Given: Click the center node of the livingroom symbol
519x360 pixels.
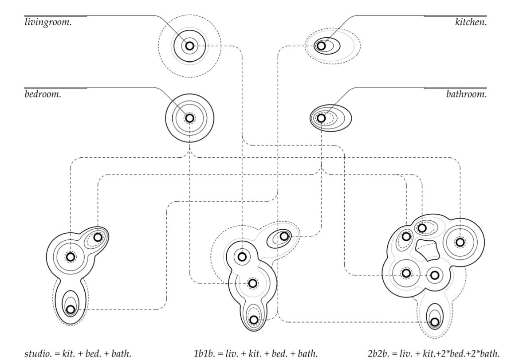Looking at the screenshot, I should point(190,46).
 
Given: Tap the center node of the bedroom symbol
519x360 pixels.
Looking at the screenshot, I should point(190,118).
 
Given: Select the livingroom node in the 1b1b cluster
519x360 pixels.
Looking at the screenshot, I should point(242,256).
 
